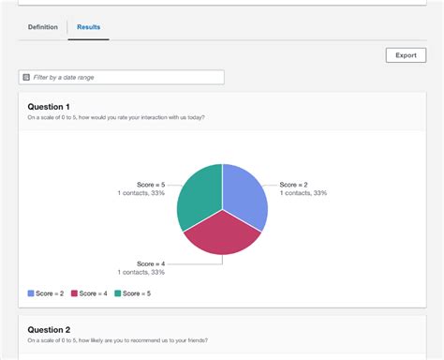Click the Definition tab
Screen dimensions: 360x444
point(42,27)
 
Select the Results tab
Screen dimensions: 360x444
point(88,27)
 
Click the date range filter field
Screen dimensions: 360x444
point(122,77)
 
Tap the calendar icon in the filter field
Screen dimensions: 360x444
point(26,77)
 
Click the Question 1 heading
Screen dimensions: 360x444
point(49,107)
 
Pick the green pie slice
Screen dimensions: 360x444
point(200,194)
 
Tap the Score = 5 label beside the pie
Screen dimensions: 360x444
point(150,185)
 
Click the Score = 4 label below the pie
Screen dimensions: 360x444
point(150,263)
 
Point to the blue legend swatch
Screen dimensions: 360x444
point(31,293)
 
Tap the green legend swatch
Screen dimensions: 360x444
point(117,293)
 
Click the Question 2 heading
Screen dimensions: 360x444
point(49,330)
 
